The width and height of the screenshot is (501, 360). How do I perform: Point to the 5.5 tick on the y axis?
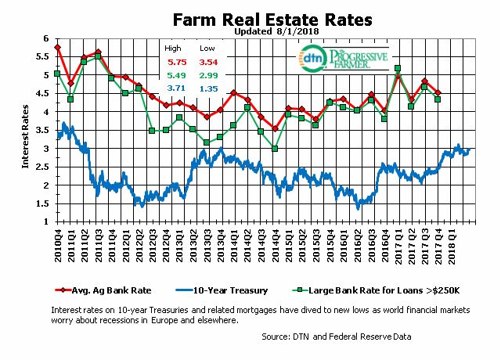pos(44,57)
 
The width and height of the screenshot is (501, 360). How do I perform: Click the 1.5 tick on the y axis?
pos(44,203)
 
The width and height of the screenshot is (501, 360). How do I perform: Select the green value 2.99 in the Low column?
pos(208,77)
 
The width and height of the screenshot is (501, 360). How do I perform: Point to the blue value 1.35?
pos(208,90)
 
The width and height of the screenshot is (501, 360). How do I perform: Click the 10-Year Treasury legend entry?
pos(234,290)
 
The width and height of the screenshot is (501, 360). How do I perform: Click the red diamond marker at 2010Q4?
pos(58,48)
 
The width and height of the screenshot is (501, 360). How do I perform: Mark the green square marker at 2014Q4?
pos(275,149)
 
